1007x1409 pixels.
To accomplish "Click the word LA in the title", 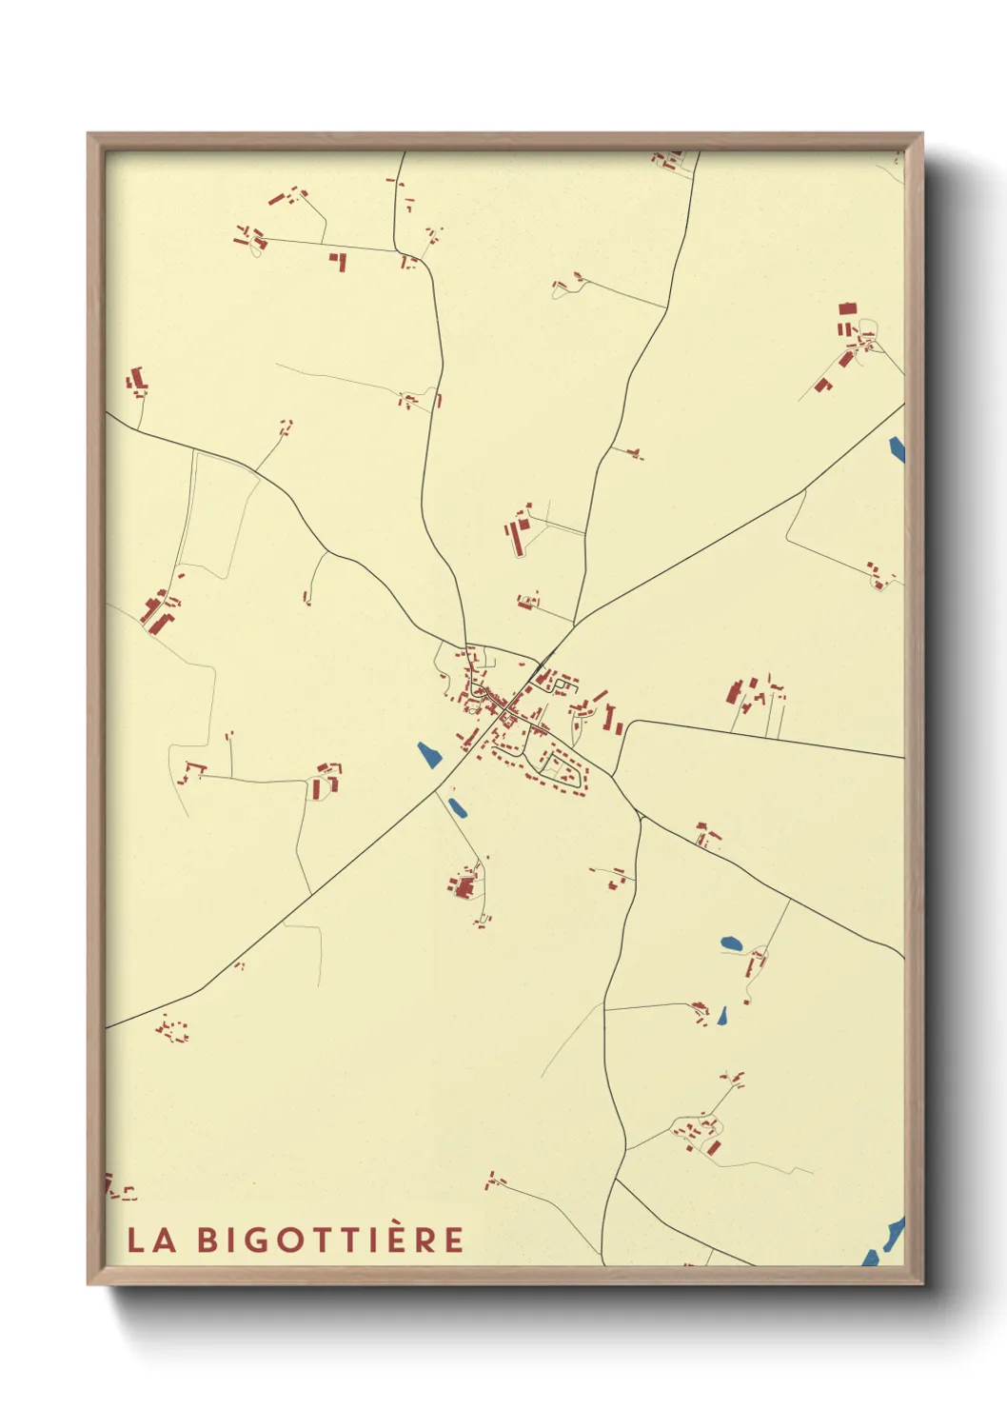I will [x=151, y=1240].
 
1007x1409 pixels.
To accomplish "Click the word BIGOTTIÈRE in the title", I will [x=331, y=1239].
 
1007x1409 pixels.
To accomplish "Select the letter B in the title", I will [x=207, y=1240].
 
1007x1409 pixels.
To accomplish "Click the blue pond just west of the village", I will [x=429, y=755].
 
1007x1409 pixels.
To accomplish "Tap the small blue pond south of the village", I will [x=458, y=808].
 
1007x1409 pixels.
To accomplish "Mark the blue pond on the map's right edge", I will [x=897, y=449].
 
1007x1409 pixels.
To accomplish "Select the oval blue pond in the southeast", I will [x=731, y=943].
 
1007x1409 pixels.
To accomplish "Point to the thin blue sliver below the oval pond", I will [x=722, y=1017].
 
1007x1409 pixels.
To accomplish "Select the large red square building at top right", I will [x=847, y=308].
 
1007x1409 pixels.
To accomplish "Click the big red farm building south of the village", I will [x=464, y=888].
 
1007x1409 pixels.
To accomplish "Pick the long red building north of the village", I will [x=517, y=539].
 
